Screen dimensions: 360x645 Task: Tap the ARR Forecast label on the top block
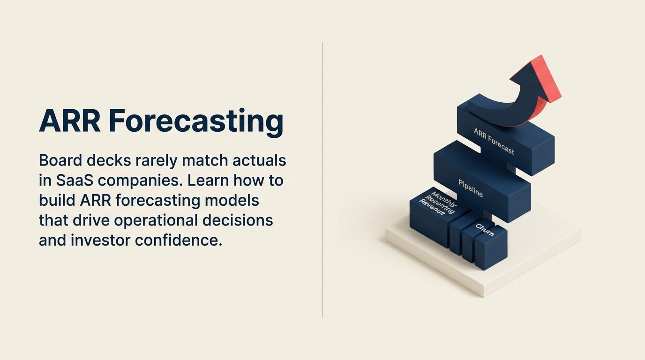pyautogui.click(x=494, y=141)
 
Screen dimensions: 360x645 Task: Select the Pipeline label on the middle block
pyautogui.click(x=470, y=188)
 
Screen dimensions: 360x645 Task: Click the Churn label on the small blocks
pyautogui.click(x=484, y=230)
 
